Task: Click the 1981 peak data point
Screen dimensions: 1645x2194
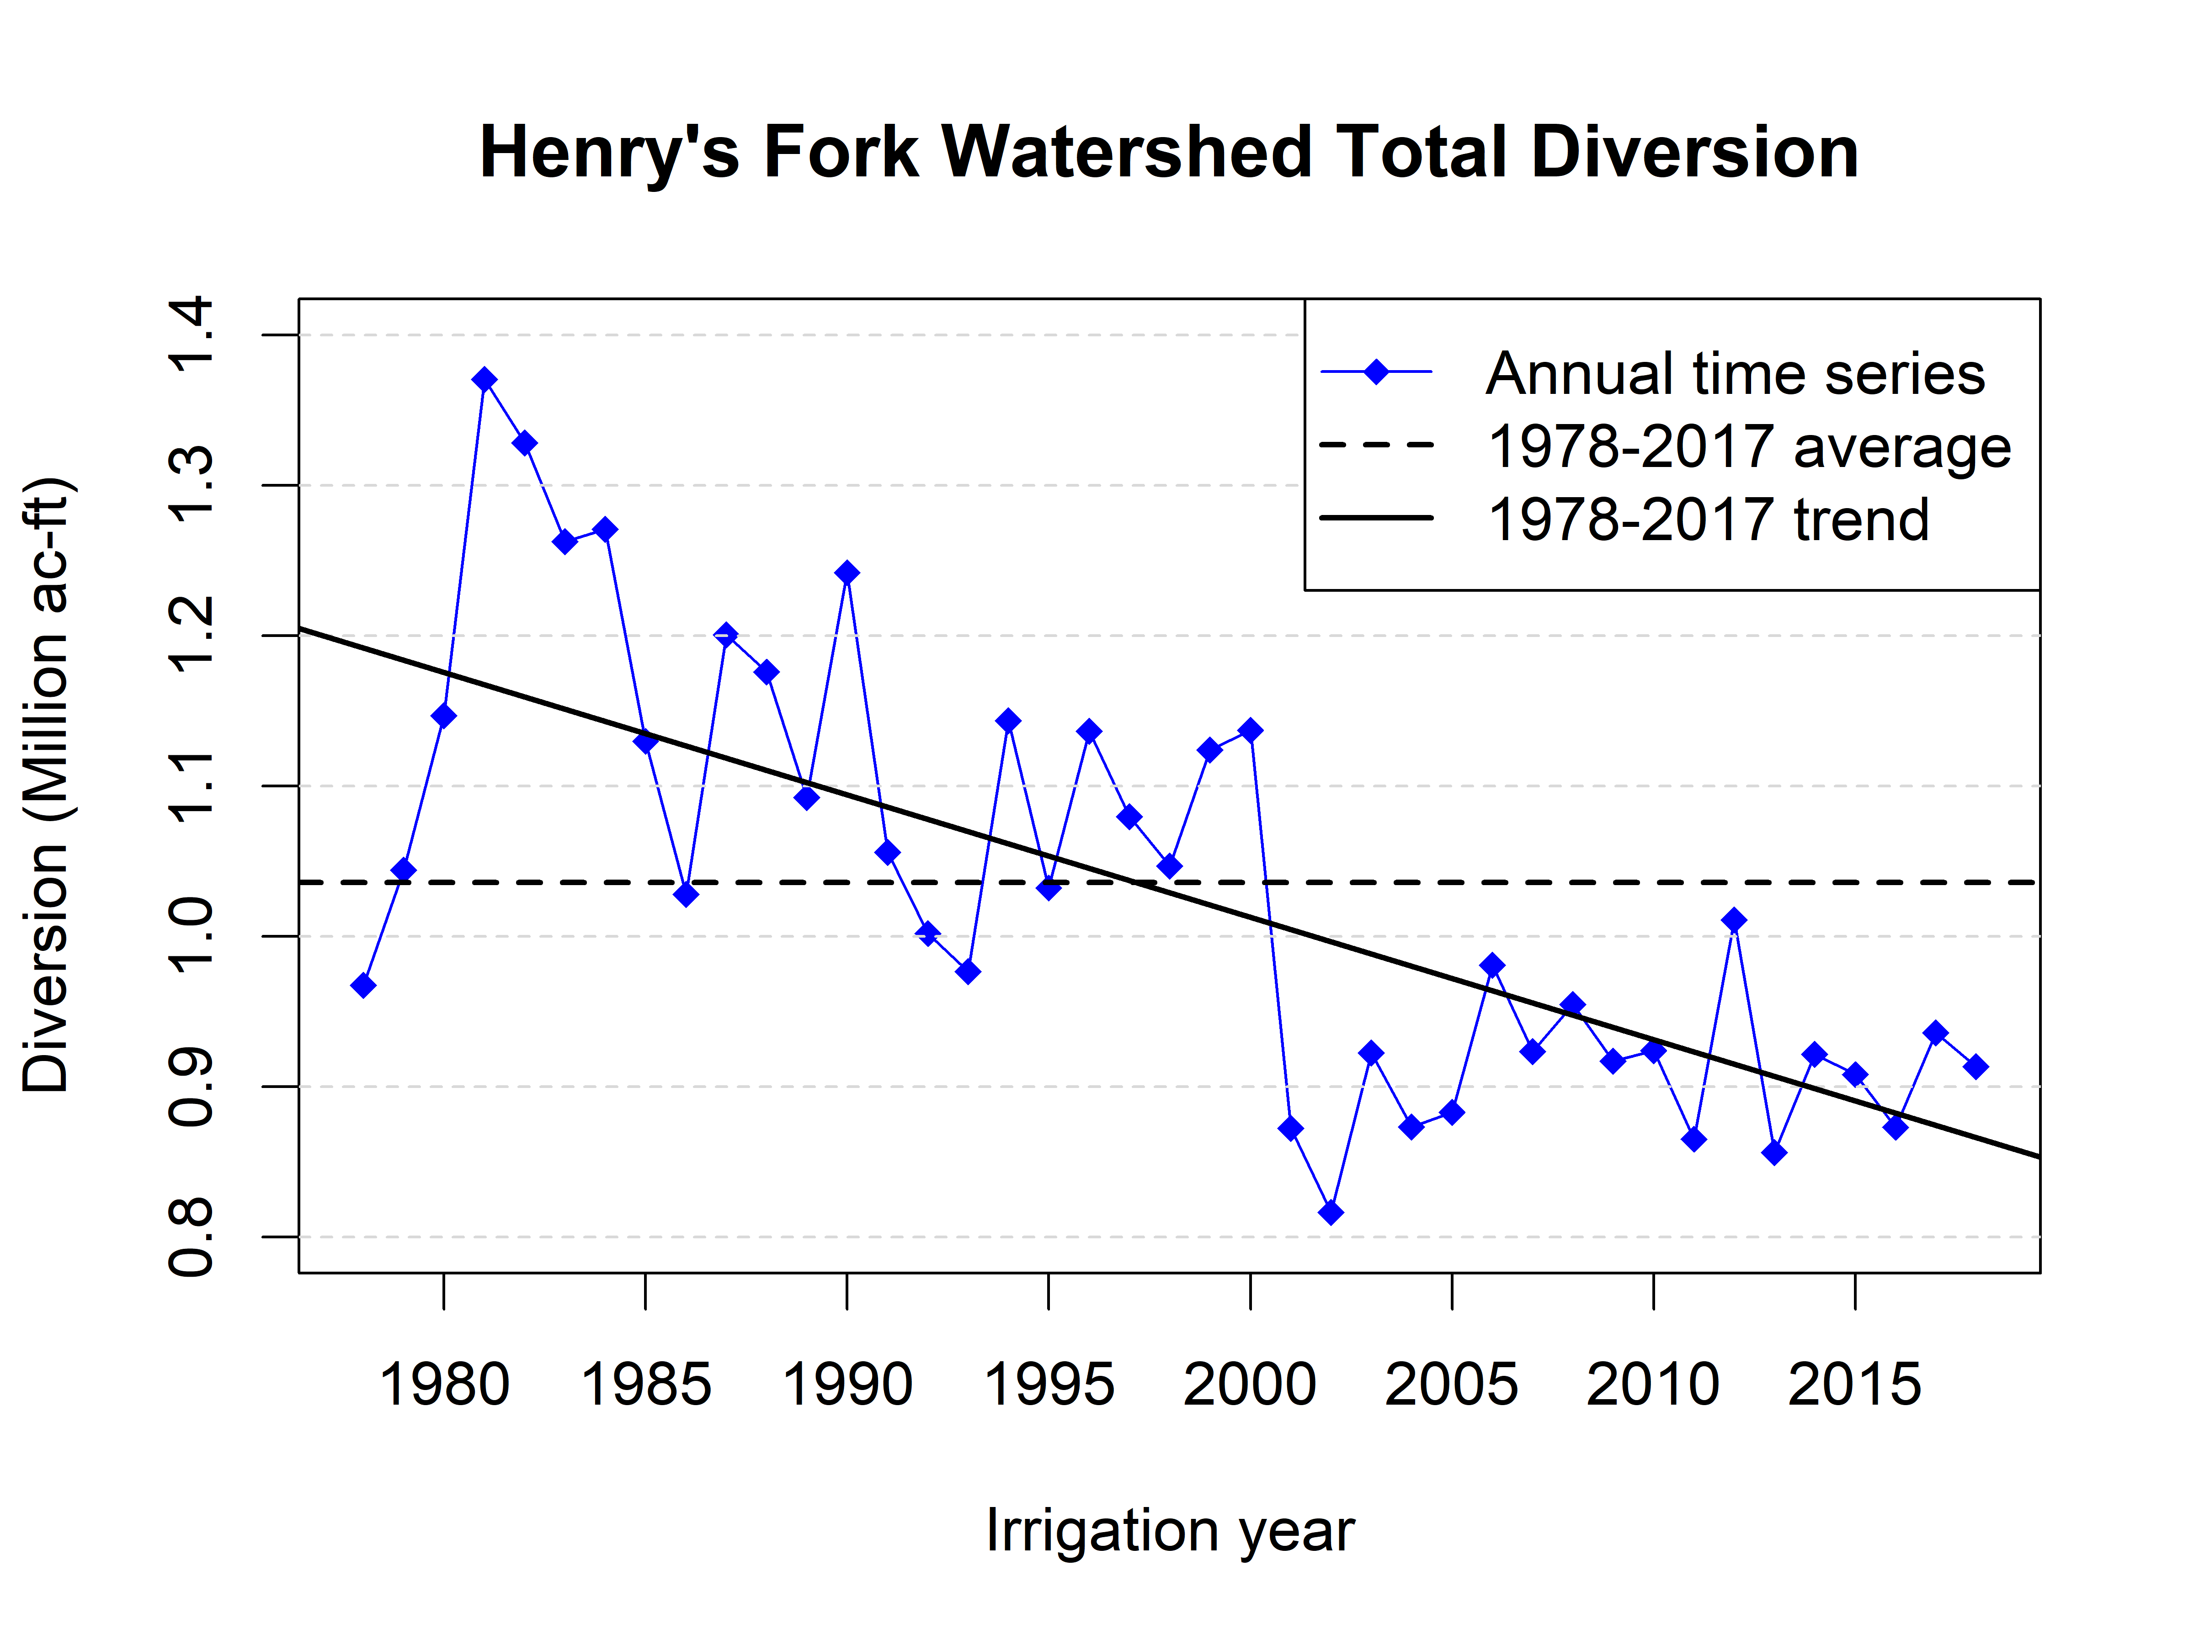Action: click(x=484, y=380)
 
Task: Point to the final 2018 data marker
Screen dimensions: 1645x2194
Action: click(x=1976, y=1067)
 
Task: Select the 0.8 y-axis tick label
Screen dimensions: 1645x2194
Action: click(x=192, y=1236)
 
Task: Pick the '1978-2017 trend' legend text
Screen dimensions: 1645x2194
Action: click(x=1708, y=520)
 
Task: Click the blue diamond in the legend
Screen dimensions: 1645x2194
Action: click(x=1376, y=372)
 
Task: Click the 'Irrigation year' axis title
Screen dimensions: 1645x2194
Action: click(x=1169, y=1531)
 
